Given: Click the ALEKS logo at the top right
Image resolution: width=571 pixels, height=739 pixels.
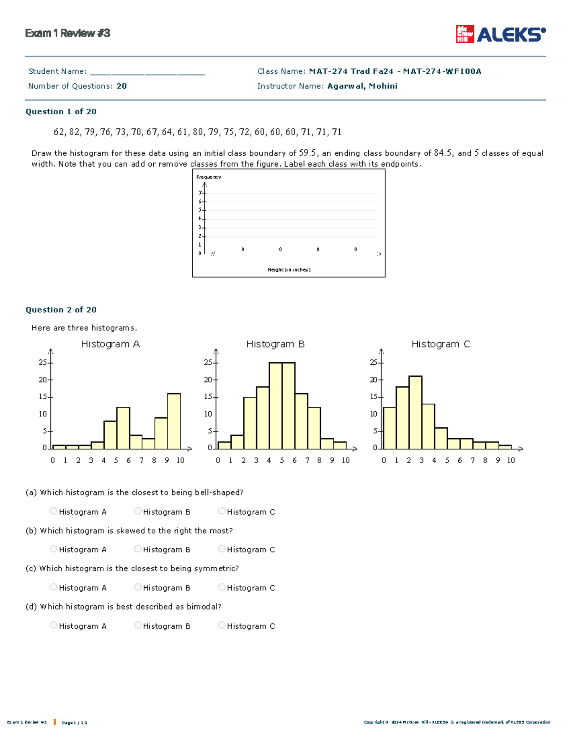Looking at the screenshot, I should [501, 34].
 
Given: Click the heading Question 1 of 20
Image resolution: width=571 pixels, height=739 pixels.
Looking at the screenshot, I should [61, 112].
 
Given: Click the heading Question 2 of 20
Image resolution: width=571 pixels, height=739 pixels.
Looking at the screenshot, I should [61, 310].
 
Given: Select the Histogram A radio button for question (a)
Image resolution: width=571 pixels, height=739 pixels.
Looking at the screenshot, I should [53, 511].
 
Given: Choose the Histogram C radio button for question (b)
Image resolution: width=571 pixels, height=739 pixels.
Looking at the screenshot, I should [222, 549].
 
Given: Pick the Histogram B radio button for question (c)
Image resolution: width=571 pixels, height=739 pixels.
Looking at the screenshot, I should [138, 587].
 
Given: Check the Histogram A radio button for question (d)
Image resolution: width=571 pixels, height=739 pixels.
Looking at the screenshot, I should [53, 625].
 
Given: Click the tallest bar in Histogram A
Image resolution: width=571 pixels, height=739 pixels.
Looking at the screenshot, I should [174, 421].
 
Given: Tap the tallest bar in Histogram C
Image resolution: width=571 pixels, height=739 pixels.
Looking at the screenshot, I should [415, 413].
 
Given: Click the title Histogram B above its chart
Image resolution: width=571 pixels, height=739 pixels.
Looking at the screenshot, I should [275, 344].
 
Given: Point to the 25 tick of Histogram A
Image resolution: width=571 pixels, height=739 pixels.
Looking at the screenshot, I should [42, 363].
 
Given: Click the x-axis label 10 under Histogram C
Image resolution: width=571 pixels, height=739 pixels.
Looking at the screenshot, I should [511, 460].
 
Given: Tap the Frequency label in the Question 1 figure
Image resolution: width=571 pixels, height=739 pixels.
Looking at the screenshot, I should [208, 177].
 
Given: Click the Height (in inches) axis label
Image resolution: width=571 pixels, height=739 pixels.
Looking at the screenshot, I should [289, 270].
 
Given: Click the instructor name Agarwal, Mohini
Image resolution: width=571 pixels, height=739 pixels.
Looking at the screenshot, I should [362, 86].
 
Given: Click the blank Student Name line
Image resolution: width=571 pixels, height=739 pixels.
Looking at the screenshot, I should [147, 72].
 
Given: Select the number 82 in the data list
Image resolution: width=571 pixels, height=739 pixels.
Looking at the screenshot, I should [74, 132].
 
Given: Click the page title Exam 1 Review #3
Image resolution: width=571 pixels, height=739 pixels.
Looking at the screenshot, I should [68, 33].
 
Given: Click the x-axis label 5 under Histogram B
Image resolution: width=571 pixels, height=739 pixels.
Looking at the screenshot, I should [282, 460].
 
